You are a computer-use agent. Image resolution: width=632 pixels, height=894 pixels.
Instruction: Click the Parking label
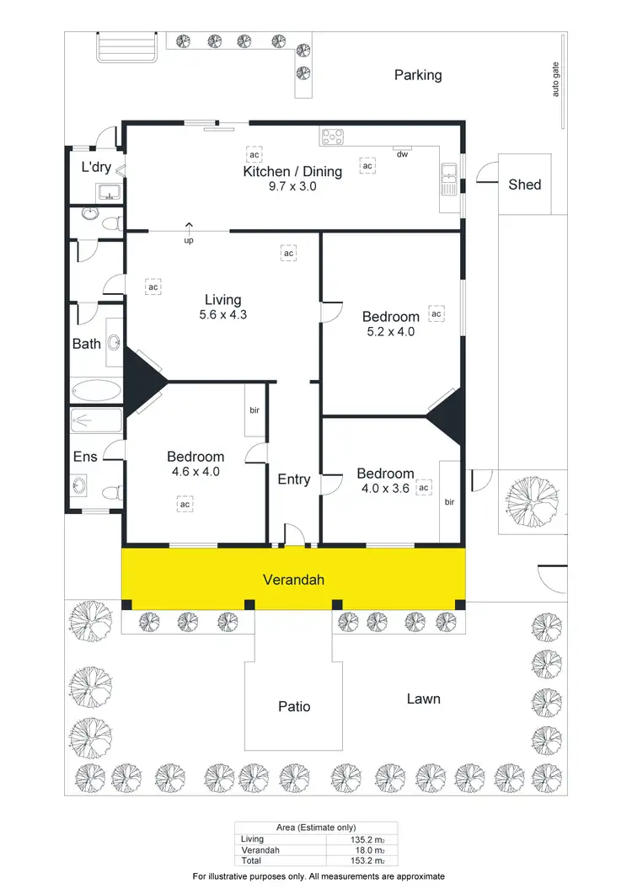418,75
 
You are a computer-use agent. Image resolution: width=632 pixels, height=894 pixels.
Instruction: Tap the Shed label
524,185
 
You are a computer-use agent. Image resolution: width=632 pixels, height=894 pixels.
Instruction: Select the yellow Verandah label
293,580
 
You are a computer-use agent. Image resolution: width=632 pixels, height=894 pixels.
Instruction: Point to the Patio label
294,706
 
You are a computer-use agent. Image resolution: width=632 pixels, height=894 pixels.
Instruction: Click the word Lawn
423,699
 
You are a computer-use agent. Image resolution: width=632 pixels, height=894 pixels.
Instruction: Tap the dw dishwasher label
402,154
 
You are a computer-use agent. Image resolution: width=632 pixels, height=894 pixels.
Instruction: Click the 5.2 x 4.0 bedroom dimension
390,331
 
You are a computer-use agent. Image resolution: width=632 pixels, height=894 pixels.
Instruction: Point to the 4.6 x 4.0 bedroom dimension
195,472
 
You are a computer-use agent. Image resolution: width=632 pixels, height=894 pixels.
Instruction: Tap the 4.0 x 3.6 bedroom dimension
384,488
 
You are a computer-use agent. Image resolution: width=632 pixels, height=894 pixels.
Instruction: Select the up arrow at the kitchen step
189,226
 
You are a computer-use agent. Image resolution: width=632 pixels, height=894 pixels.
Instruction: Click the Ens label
85,457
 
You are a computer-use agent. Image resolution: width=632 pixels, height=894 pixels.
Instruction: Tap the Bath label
86,343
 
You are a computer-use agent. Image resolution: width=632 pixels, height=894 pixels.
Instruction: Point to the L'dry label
96,167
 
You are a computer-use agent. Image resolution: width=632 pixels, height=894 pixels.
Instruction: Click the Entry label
294,479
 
